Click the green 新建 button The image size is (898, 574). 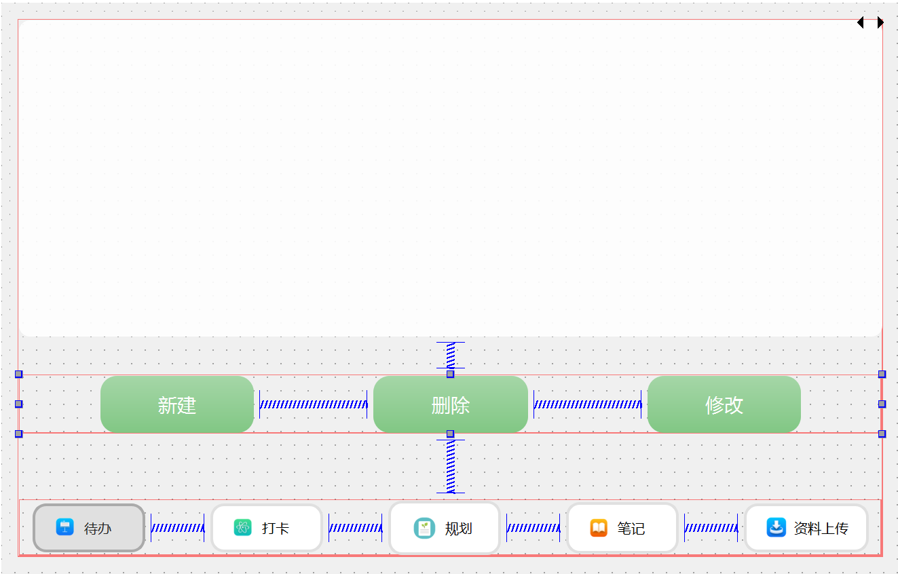coord(176,404)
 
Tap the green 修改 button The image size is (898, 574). coord(724,404)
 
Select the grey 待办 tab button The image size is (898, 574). coord(89,528)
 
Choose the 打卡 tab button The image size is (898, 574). coord(267,528)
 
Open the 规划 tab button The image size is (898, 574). coord(445,528)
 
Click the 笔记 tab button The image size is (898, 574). coord(622,528)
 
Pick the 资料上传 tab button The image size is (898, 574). coord(806,528)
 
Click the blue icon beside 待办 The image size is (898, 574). coord(64,527)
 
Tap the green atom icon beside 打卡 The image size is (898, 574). coord(242,527)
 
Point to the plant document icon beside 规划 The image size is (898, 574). coord(424,528)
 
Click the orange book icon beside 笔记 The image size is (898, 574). coord(599,527)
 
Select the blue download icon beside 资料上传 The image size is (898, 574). coord(776,527)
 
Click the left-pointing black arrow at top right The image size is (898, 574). coord(861,22)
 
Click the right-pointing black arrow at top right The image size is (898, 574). coord(880,22)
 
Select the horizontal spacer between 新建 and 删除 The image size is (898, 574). coord(313,404)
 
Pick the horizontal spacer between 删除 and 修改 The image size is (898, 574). coord(587,404)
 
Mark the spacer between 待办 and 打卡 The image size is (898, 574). coord(177,528)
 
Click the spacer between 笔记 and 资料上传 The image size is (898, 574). coord(711,528)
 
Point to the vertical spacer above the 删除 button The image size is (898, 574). coord(451,355)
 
